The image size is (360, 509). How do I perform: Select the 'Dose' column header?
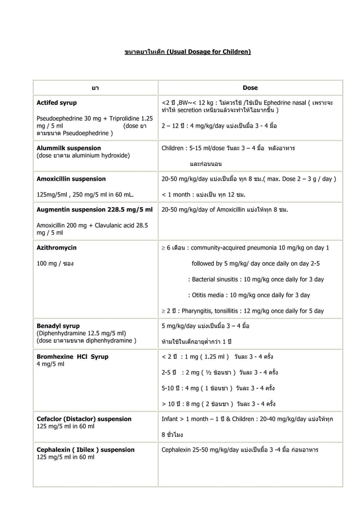[x=250, y=88]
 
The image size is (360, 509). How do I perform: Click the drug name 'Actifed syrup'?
[x=57, y=103]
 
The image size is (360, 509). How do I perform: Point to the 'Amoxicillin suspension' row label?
[x=71, y=179]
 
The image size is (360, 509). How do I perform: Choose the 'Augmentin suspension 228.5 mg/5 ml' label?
[x=95, y=210]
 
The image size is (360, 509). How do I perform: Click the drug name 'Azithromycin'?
[x=57, y=248]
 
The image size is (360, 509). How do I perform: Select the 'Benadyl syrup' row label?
[x=58, y=326]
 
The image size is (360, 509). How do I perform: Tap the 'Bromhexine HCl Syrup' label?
[x=73, y=357]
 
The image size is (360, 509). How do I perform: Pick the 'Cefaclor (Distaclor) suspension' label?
[x=84, y=419]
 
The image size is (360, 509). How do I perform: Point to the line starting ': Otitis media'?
[x=249, y=295]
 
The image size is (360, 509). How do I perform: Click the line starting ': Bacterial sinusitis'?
[x=256, y=279]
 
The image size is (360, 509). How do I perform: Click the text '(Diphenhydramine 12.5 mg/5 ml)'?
[x=81, y=333]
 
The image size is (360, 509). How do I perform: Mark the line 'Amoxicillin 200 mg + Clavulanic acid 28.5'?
[x=92, y=226]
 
